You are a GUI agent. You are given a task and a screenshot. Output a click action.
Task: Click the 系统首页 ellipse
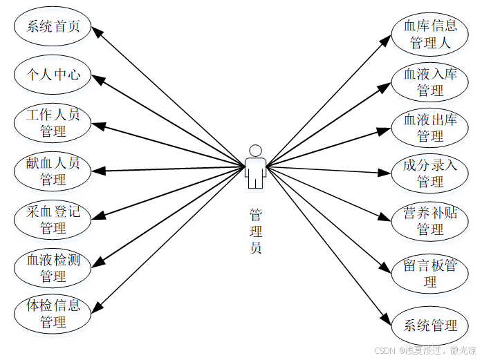(x=53, y=26)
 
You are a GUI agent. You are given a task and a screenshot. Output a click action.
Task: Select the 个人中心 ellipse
(x=53, y=74)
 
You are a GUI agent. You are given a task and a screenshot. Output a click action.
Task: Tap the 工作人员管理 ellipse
(x=53, y=122)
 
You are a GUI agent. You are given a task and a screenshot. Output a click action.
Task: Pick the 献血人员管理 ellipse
(x=53, y=171)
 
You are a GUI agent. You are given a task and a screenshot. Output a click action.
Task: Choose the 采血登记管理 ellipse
(x=53, y=219)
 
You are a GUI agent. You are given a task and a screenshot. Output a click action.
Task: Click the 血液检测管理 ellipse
(x=53, y=268)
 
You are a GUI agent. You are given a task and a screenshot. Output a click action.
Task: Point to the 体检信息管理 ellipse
(x=53, y=313)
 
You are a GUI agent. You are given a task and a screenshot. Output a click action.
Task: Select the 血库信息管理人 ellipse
(x=430, y=34)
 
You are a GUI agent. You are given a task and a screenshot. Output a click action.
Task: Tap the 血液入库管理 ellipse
(x=430, y=82)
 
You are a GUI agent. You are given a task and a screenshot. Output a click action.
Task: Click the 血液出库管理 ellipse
(x=430, y=128)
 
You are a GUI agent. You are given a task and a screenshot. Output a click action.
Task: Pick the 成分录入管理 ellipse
(x=430, y=173)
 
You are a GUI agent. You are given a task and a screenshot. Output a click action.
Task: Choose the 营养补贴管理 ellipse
(x=430, y=220)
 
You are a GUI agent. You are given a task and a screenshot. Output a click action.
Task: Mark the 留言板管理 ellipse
(x=430, y=273)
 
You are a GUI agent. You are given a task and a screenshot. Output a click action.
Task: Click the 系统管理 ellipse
(x=430, y=325)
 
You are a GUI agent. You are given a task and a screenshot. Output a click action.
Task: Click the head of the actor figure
(x=255, y=151)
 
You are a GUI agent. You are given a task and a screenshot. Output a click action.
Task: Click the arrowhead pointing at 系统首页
(x=97, y=30)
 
